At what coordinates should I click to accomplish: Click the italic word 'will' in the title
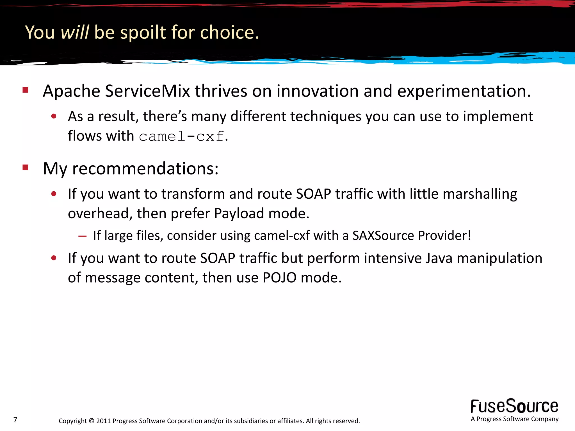pos(75,32)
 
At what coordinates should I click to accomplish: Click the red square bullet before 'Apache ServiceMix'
pos(26,90)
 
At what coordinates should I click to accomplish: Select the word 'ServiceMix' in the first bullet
pos(147,91)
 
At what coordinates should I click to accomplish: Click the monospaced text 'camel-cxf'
pos(182,137)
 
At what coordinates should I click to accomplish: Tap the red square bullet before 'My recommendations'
pos(26,168)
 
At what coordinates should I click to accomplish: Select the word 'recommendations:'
pos(145,169)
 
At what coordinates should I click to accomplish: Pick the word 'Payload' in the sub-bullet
pos(239,214)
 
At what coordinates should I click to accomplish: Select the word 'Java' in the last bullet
pos(439,258)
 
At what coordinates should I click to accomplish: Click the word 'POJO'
pos(279,278)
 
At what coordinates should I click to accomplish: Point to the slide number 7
pos(15,420)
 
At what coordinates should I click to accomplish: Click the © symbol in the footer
pos(92,421)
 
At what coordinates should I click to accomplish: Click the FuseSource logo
pos(514,406)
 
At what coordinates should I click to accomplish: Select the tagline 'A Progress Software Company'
pos(514,419)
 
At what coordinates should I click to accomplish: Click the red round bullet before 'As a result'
pos(54,116)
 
